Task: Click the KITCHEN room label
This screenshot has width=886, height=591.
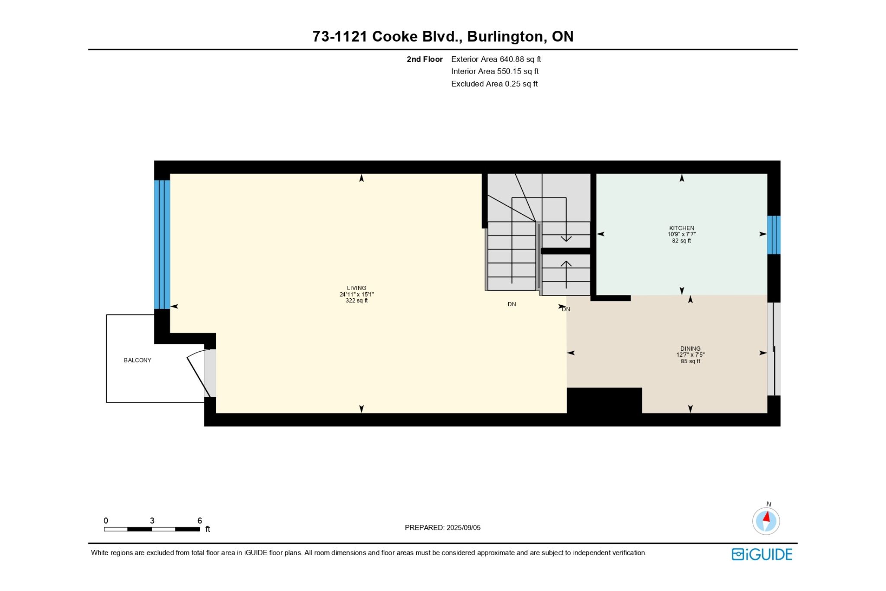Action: click(x=681, y=228)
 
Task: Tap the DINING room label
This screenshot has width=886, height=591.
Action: click(x=690, y=349)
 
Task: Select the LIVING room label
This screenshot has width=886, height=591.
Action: click(x=356, y=288)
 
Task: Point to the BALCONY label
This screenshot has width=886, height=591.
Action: click(x=138, y=360)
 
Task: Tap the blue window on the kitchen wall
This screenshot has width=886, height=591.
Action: click(x=774, y=235)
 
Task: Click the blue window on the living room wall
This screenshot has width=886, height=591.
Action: click(x=162, y=245)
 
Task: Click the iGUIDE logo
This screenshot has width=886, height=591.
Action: click(x=762, y=554)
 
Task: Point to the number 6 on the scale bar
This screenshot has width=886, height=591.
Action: click(x=199, y=520)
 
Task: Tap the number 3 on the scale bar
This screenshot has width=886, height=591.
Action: click(x=152, y=520)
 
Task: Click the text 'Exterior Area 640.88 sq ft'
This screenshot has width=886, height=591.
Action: click(x=496, y=59)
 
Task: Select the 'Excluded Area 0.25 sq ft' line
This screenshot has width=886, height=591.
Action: click(x=494, y=84)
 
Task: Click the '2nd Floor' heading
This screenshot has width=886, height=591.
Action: click(x=424, y=59)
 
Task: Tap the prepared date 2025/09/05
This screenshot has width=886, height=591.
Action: click(x=463, y=527)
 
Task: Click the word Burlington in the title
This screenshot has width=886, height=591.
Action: click(x=505, y=37)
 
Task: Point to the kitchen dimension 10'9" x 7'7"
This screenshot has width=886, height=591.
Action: click(x=681, y=234)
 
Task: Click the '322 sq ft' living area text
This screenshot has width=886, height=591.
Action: click(x=356, y=300)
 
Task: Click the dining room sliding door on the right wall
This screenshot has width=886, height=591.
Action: click(x=774, y=349)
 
